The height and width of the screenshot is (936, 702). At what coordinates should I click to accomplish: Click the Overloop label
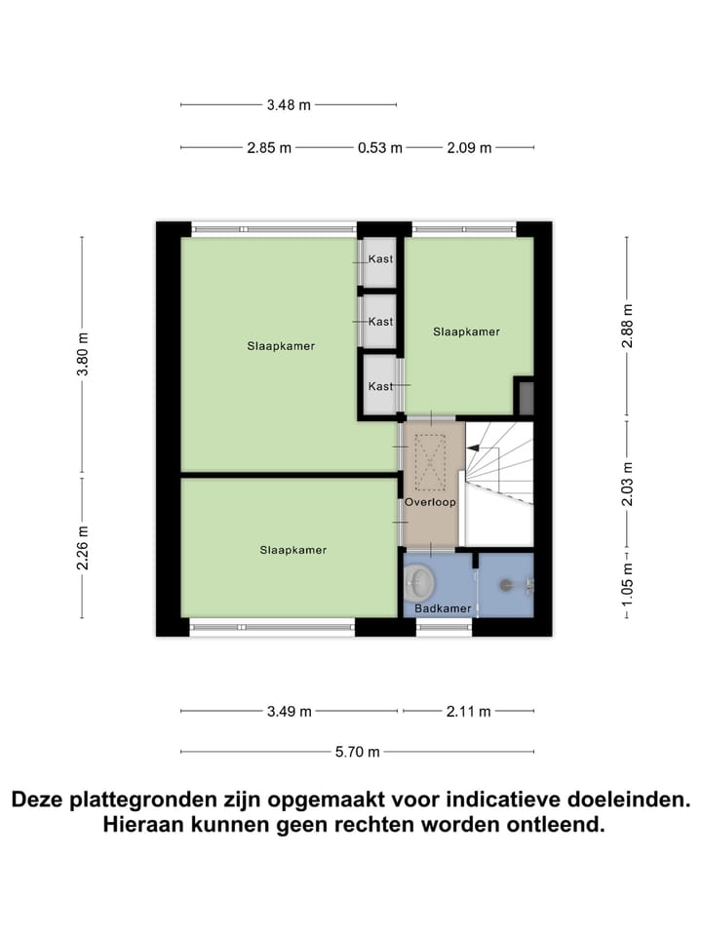point(430,502)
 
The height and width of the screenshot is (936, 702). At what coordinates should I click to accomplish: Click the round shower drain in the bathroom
point(506,585)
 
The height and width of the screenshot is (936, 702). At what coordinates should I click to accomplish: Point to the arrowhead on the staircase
point(472,448)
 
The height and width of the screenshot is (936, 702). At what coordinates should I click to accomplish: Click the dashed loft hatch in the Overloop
point(430,463)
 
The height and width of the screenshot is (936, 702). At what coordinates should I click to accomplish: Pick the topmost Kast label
point(380,259)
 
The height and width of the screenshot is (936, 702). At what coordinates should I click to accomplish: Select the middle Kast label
point(380,322)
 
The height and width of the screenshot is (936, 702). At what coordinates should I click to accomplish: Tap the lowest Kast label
point(380,386)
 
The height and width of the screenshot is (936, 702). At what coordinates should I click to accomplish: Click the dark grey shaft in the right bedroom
point(525,398)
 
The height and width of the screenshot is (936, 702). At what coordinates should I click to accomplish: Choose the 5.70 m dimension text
point(358,752)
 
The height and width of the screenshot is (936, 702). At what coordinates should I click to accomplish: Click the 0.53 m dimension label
point(379,148)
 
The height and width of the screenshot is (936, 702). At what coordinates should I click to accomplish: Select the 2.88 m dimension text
point(627,327)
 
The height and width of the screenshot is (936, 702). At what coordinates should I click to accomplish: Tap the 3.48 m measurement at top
point(289,104)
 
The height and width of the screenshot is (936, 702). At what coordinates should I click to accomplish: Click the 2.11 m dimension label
point(468,712)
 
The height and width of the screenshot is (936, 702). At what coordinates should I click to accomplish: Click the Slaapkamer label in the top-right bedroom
point(466,331)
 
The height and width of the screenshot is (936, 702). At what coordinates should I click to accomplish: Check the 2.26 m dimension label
point(82,547)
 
